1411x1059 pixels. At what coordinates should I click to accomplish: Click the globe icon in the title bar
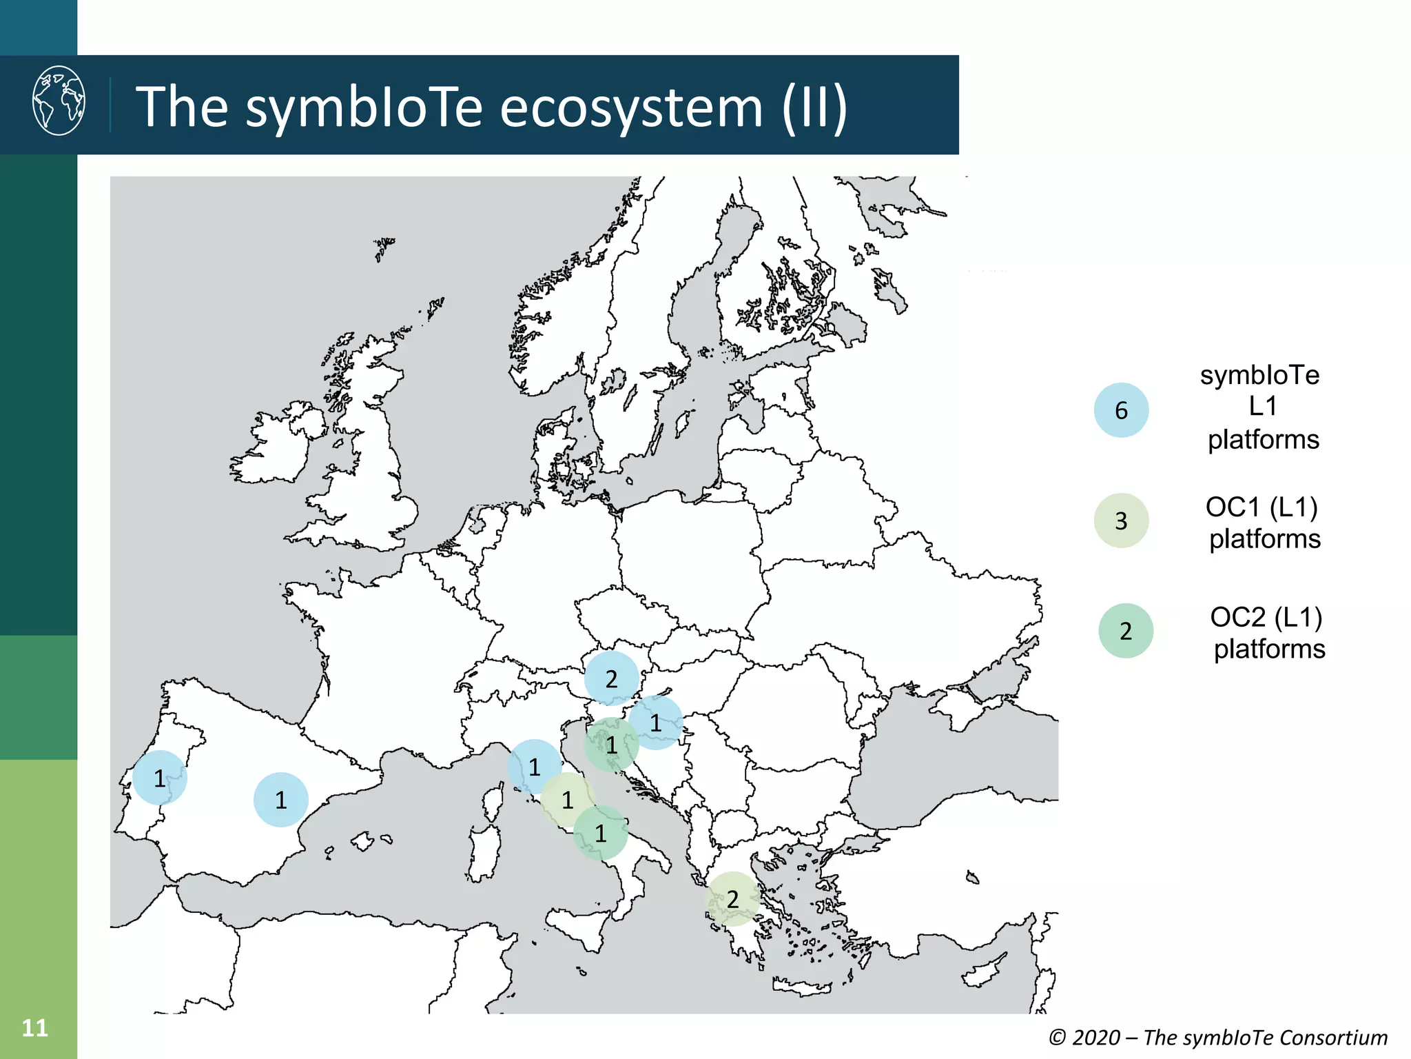point(59,101)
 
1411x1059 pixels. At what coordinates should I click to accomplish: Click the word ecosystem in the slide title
point(631,108)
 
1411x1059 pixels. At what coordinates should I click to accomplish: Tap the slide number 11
point(34,1028)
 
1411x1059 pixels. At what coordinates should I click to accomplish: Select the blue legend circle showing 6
point(1121,410)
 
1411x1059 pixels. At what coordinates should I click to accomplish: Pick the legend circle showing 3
point(1121,521)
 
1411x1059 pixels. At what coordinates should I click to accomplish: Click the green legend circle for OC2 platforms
point(1125,631)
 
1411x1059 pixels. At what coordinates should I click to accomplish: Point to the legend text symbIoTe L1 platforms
point(1261,407)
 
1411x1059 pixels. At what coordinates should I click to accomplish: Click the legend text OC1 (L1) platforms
point(1264,523)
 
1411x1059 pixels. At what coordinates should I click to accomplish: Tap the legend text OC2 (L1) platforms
point(1268,633)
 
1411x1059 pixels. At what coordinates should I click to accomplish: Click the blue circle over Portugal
point(160,778)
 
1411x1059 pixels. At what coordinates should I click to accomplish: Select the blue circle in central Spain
point(280,800)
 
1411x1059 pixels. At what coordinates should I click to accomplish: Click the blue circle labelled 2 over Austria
point(611,678)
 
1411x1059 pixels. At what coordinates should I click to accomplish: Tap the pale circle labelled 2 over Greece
point(732,899)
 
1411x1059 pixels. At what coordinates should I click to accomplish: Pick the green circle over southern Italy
point(600,834)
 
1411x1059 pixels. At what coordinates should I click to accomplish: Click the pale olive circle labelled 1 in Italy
point(567,800)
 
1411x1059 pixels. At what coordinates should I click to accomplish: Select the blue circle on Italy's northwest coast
point(534,767)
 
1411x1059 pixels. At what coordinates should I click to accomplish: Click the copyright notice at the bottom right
point(1217,1037)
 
